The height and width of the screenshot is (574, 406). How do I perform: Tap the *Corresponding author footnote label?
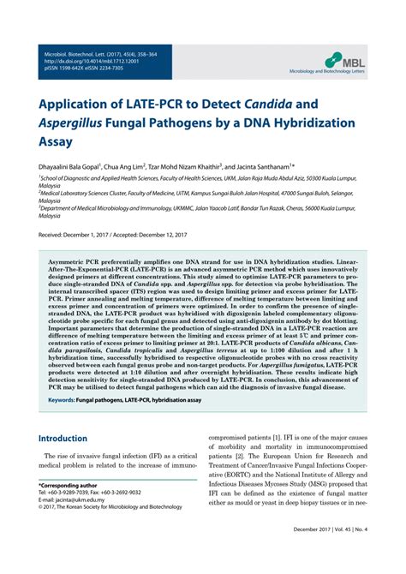click(x=69, y=509)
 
